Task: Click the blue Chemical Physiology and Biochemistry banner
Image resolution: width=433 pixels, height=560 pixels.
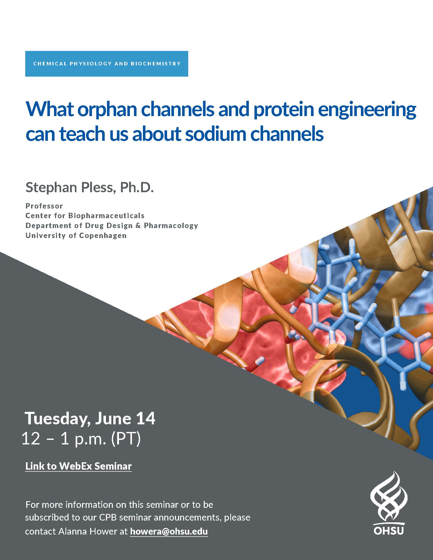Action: pos(106,64)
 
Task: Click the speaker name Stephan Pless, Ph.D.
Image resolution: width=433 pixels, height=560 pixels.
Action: pos(89,187)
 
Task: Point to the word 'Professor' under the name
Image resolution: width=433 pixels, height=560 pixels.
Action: pos(44,206)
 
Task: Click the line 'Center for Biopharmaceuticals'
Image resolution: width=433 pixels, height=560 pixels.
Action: pos(85,216)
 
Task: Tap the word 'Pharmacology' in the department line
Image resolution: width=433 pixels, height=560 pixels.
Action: pos(171,226)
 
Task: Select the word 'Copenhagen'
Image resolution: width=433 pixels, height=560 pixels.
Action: pos(103,236)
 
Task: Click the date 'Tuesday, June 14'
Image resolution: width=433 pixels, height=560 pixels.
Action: pos(90,419)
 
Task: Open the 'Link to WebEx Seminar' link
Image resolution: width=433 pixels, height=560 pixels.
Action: pos(78,466)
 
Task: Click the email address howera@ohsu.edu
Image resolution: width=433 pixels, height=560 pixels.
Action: pos(169,531)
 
